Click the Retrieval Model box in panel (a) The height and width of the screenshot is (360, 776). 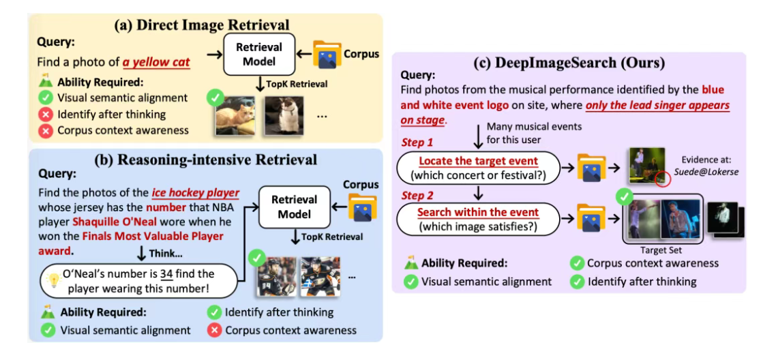coord(258,55)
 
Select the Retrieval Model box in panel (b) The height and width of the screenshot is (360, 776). coord(295,207)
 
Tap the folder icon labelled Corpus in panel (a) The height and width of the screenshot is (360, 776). coord(327,55)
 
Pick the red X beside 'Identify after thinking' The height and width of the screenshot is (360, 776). coord(46,114)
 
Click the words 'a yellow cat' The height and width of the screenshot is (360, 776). coord(156,63)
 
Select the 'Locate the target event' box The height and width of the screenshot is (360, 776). coord(478,168)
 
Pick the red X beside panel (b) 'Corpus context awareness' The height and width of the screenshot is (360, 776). coord(213,330)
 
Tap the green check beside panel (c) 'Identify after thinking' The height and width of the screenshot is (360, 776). coord(577,281)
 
